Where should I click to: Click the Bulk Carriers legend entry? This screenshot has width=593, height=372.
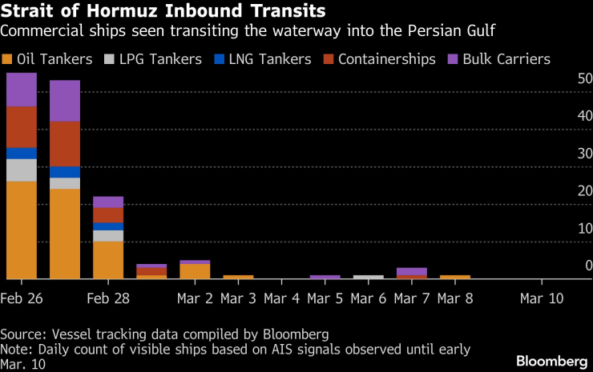click(x=504, y=59)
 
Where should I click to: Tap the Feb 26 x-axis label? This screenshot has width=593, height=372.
click(x=22, y=298)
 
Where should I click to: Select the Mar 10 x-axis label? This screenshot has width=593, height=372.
click(x=542, y=298)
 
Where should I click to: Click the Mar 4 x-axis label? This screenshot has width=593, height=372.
click(x=282, y=298)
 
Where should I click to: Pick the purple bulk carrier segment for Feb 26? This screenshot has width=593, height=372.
click(x=22, y=90)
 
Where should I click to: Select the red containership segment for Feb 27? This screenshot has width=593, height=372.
click(x=65, y=144)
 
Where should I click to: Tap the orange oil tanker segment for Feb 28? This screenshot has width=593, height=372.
click(x=108, y=259)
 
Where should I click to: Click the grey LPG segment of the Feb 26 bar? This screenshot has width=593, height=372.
click(x=22, y=170)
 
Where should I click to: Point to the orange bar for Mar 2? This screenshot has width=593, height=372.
click(x=195, y=271)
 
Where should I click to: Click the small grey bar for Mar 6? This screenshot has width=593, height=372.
click(x=369, y=277)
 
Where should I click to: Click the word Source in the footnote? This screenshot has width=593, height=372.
click(x=20, y=333)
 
